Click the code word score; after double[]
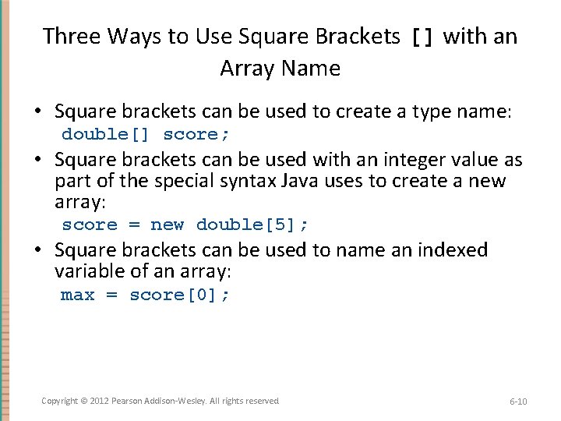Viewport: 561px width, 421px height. click(196, 134)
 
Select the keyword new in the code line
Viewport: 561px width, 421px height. click(168, 225)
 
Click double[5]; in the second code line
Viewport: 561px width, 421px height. click(252, 225)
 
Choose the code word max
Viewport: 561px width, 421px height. click(77, 295)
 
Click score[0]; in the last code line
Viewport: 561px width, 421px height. click(179, 295)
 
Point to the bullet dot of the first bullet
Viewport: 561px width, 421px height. click(37, 112)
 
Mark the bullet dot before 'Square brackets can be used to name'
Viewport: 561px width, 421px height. click(37, 251)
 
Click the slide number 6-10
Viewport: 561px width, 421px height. click(518, 402)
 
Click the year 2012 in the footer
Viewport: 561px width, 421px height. click(98, 401)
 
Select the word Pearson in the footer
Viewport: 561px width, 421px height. click(127, 401)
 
